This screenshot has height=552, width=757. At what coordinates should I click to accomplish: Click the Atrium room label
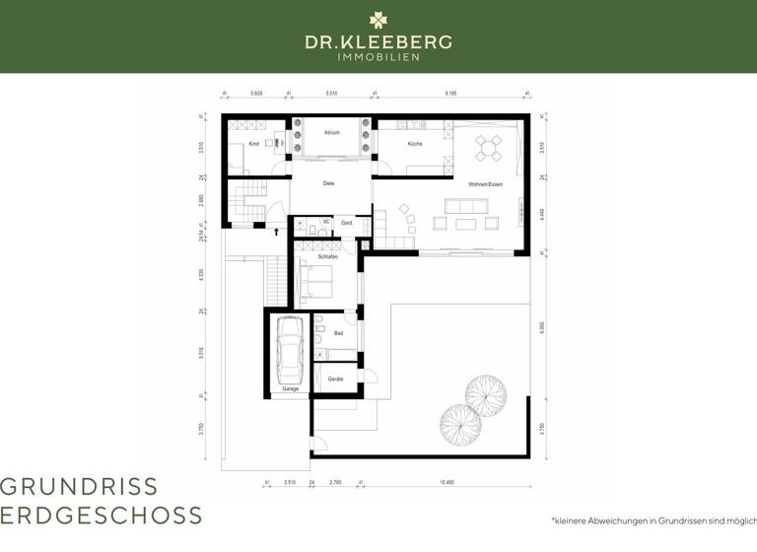331,131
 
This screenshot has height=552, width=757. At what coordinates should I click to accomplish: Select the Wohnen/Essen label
485,184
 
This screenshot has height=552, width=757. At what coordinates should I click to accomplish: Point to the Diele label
329,183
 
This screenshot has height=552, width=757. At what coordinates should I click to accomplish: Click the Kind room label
253,144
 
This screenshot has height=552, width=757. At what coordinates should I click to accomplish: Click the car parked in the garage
290,351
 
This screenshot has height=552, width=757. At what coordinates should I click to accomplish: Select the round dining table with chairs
489,148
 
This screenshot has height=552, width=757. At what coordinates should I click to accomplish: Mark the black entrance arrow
277,233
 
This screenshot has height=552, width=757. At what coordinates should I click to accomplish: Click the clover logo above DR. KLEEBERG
378,20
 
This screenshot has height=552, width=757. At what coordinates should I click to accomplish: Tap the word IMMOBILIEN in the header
378,57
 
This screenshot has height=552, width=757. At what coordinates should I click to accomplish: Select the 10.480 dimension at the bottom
447,481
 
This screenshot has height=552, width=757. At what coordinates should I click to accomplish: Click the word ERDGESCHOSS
102,515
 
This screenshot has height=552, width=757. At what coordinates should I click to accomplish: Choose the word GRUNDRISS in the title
79,486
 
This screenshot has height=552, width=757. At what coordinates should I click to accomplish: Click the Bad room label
338,333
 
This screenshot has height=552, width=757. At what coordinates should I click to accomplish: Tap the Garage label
290,389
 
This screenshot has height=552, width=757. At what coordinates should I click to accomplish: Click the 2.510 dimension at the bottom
289,481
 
